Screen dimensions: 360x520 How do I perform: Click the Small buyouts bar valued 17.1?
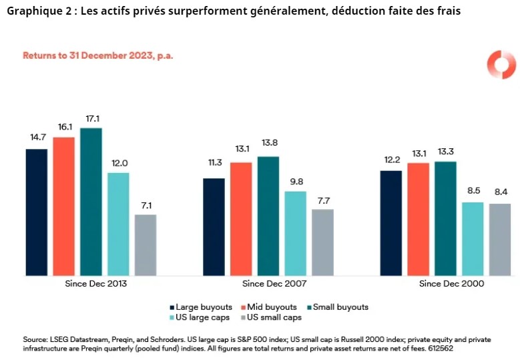(91, 201)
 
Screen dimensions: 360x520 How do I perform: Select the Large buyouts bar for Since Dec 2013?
(37, 212)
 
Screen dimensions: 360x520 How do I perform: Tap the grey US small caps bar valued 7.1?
(146, 244)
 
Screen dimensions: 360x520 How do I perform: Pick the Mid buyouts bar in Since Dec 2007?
(241, 218)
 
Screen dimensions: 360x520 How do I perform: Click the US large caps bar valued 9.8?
(295, 233)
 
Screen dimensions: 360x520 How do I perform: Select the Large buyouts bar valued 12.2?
(391, 222)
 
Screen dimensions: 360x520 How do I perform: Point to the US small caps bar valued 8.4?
(499, 239)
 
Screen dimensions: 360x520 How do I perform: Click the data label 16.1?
(64, 126)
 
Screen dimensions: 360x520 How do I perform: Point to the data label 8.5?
(473, 192)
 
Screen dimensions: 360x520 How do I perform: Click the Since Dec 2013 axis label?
(91, 284)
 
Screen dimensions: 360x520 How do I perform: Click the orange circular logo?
(501, 65)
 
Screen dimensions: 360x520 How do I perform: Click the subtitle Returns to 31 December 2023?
(98, 55)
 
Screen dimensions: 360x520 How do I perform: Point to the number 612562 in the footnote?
(441, 348)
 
